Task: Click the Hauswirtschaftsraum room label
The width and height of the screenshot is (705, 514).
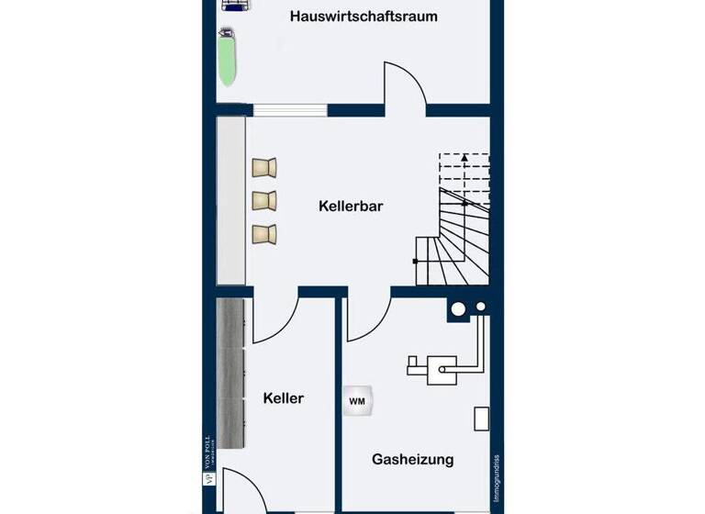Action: click(364, 17)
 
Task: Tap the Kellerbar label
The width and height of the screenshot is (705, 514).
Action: click(350, 207)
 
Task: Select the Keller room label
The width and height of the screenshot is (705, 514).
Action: click(283, 398)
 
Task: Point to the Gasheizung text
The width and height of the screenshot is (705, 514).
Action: click(412, 459)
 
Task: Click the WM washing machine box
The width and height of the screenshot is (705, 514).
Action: click(356, 400)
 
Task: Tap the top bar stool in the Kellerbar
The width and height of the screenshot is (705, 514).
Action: click(265, 167)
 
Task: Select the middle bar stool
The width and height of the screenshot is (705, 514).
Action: click(264, 199)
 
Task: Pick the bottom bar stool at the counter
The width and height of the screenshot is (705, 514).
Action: click(264, 233)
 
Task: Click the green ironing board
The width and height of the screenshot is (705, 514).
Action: click(226, 57)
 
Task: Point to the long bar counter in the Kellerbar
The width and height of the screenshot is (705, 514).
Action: click(230, 200)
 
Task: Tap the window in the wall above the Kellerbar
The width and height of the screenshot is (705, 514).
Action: click(290, 111)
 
